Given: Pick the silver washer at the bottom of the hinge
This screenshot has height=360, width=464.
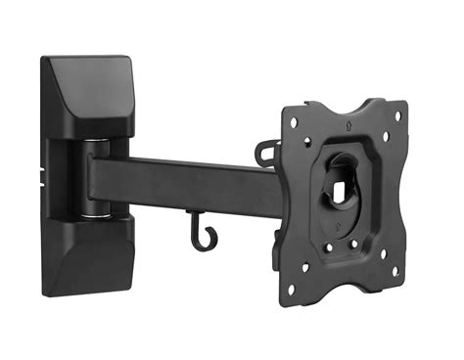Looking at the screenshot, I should tap(96, 210).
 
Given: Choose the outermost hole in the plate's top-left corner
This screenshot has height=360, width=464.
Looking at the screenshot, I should tap(293, 120).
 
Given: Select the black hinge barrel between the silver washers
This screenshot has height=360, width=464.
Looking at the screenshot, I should tap(94, 178).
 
